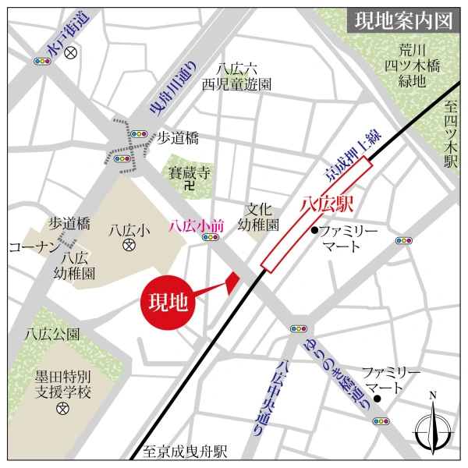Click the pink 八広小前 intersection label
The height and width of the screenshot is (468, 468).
point(197,226)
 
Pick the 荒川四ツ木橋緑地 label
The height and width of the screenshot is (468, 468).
point(407,62)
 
